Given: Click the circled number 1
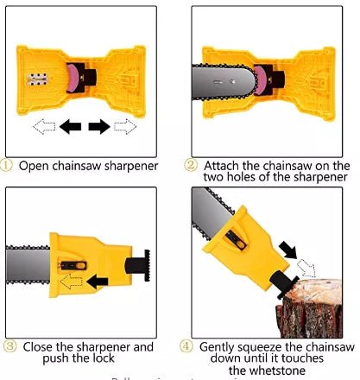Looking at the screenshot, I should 8,165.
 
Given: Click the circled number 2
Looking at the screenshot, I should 192,165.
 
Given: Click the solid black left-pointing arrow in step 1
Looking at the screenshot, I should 71,126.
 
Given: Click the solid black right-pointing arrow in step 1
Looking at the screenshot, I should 99,126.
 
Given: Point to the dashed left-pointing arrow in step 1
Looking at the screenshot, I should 44,126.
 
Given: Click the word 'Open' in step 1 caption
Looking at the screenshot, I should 35,166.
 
